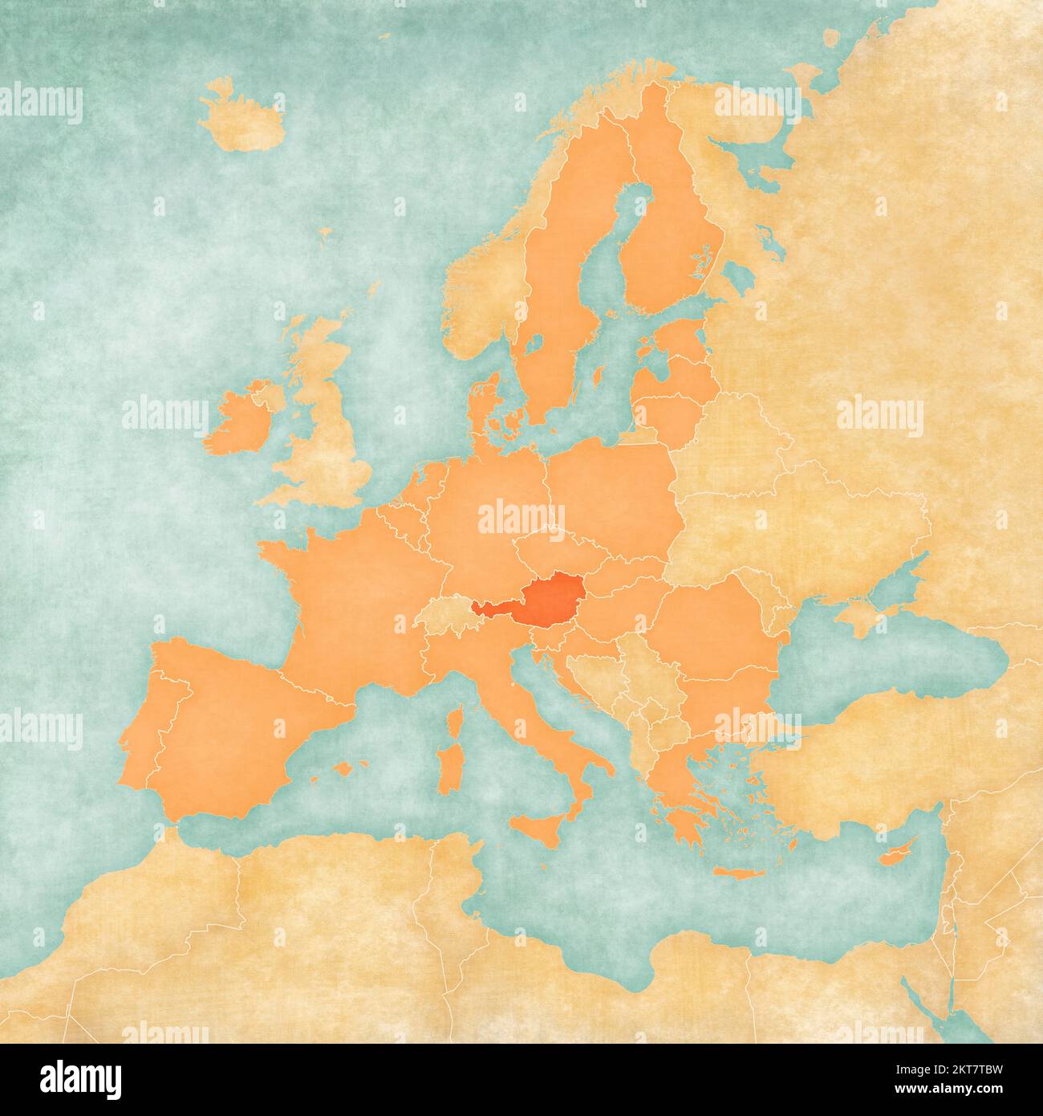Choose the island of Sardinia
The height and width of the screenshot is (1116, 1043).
pos(451,767)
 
